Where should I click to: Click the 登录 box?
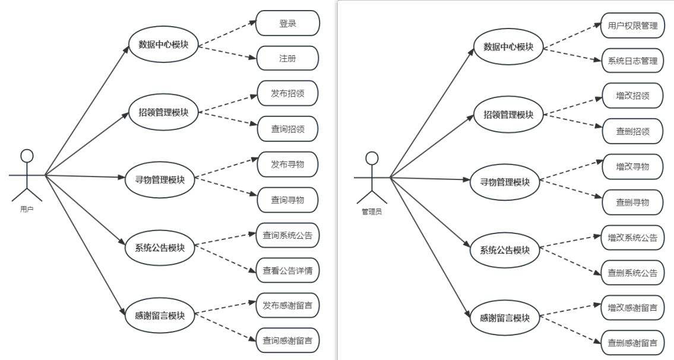tap(287, 23)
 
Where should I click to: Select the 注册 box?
tap(287, 58)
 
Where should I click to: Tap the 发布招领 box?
tap(287, 93)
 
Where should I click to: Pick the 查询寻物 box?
tap(287, 200)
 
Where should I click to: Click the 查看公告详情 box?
tap(287, 270)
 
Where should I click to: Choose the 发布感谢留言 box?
tap(287, 306)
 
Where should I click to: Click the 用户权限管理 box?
tap(632, 26)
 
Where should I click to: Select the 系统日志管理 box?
tap(632, 61)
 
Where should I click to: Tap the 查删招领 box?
tap(633, 131)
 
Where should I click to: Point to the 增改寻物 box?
tap(633, 167)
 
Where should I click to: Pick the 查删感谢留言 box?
tap(632, 343)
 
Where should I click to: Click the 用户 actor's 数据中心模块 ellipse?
tap(163, 45)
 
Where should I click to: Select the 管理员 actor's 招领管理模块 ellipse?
tap(508, 115)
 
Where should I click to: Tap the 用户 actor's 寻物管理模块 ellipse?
tap(160, 180)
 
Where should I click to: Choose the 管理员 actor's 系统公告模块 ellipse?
tap(505, 250)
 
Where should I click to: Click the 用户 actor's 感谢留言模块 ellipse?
tap(160, 315)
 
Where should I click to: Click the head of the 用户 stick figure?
tap(27, 156)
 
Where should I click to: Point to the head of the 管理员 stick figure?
tap(372, 158)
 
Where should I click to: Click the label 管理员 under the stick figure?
tap(372, 211)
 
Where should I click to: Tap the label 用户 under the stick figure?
tap(27, 210)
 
